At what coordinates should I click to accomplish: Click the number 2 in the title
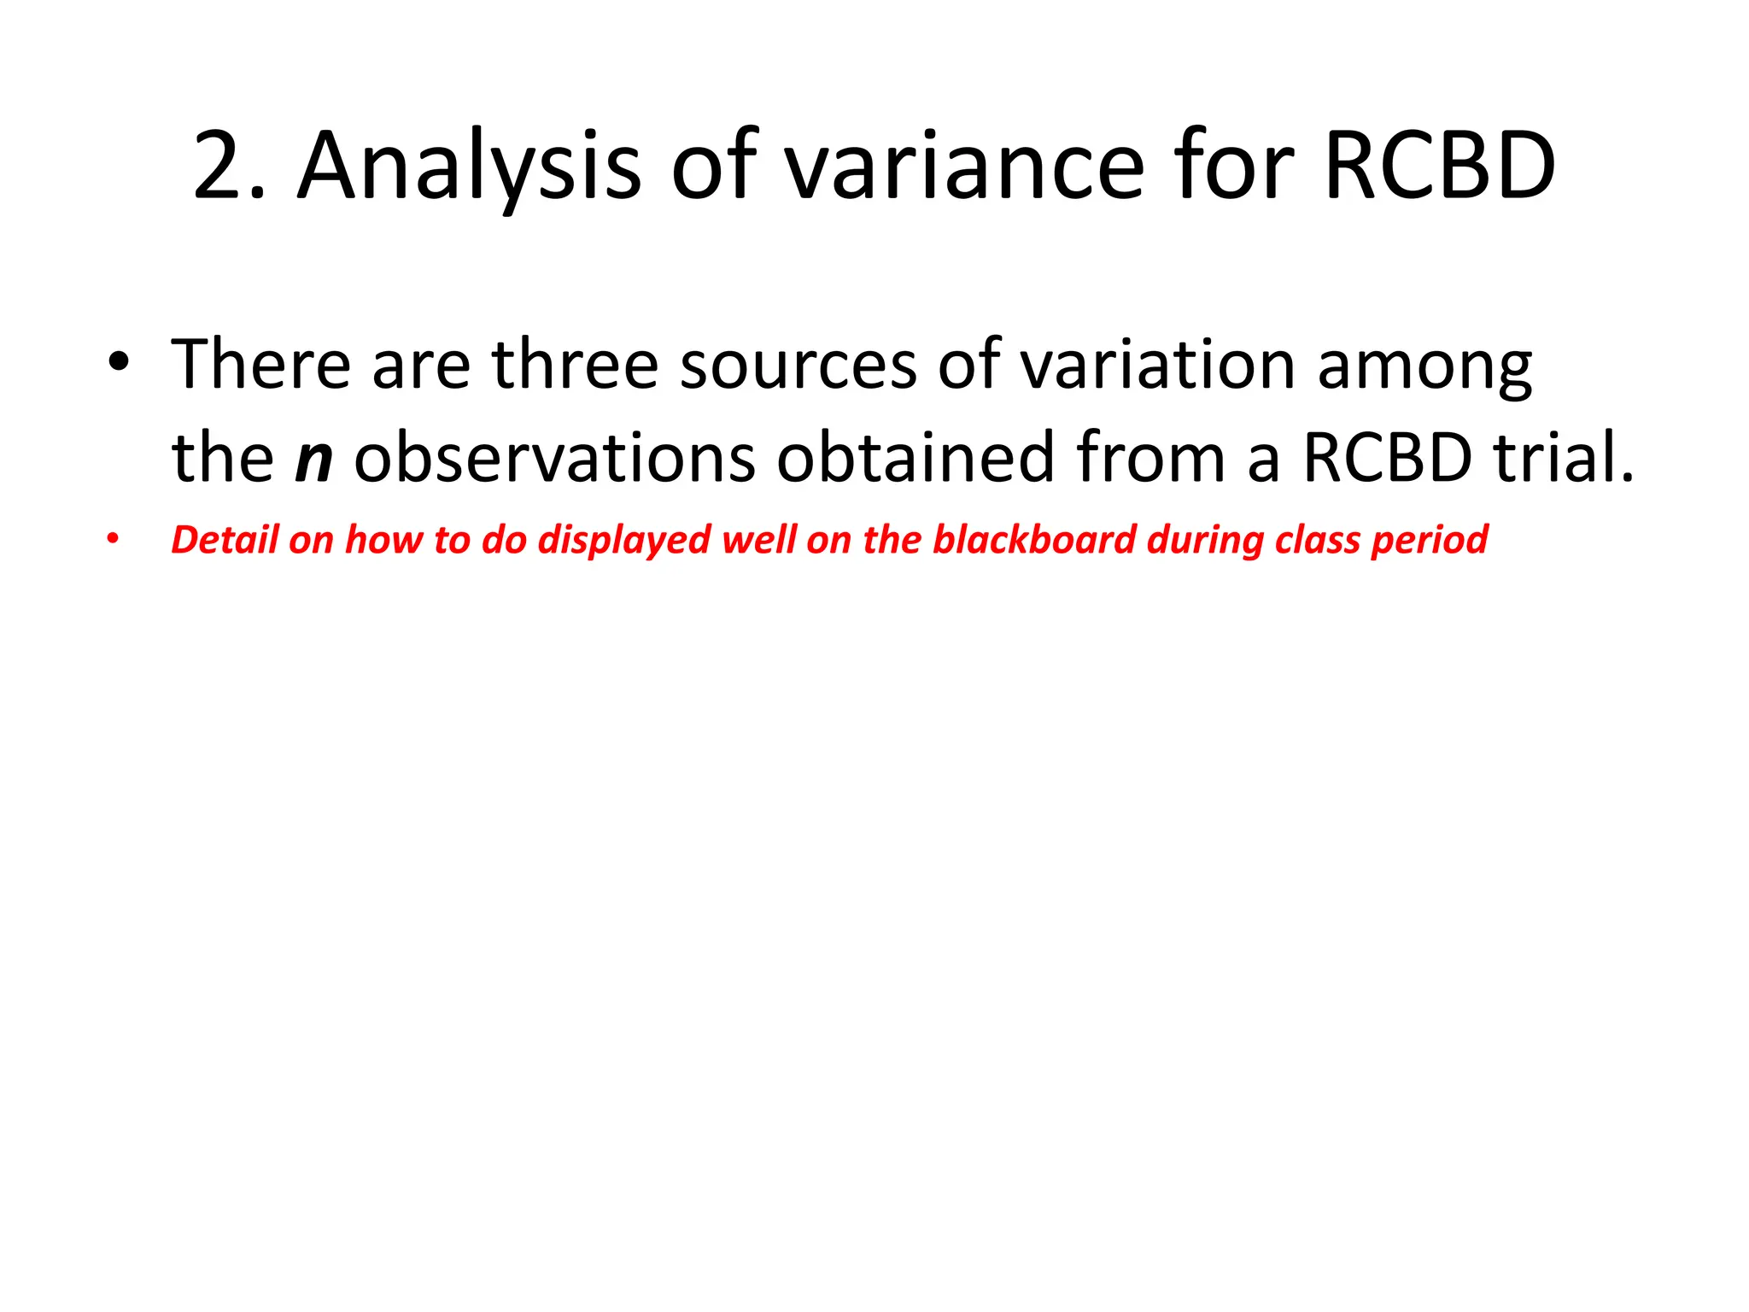tap(219, 166)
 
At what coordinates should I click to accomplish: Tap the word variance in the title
tap(964, 166)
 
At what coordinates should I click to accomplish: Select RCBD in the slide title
tap(1439, 166)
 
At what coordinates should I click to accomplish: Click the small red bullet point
tap(113, 541)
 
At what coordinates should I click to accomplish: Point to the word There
tap(261, 365)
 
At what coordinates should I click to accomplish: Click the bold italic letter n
tap(313, 459)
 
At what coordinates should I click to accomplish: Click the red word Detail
tap(225, 540)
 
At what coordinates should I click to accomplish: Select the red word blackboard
tap(1033, 540)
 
